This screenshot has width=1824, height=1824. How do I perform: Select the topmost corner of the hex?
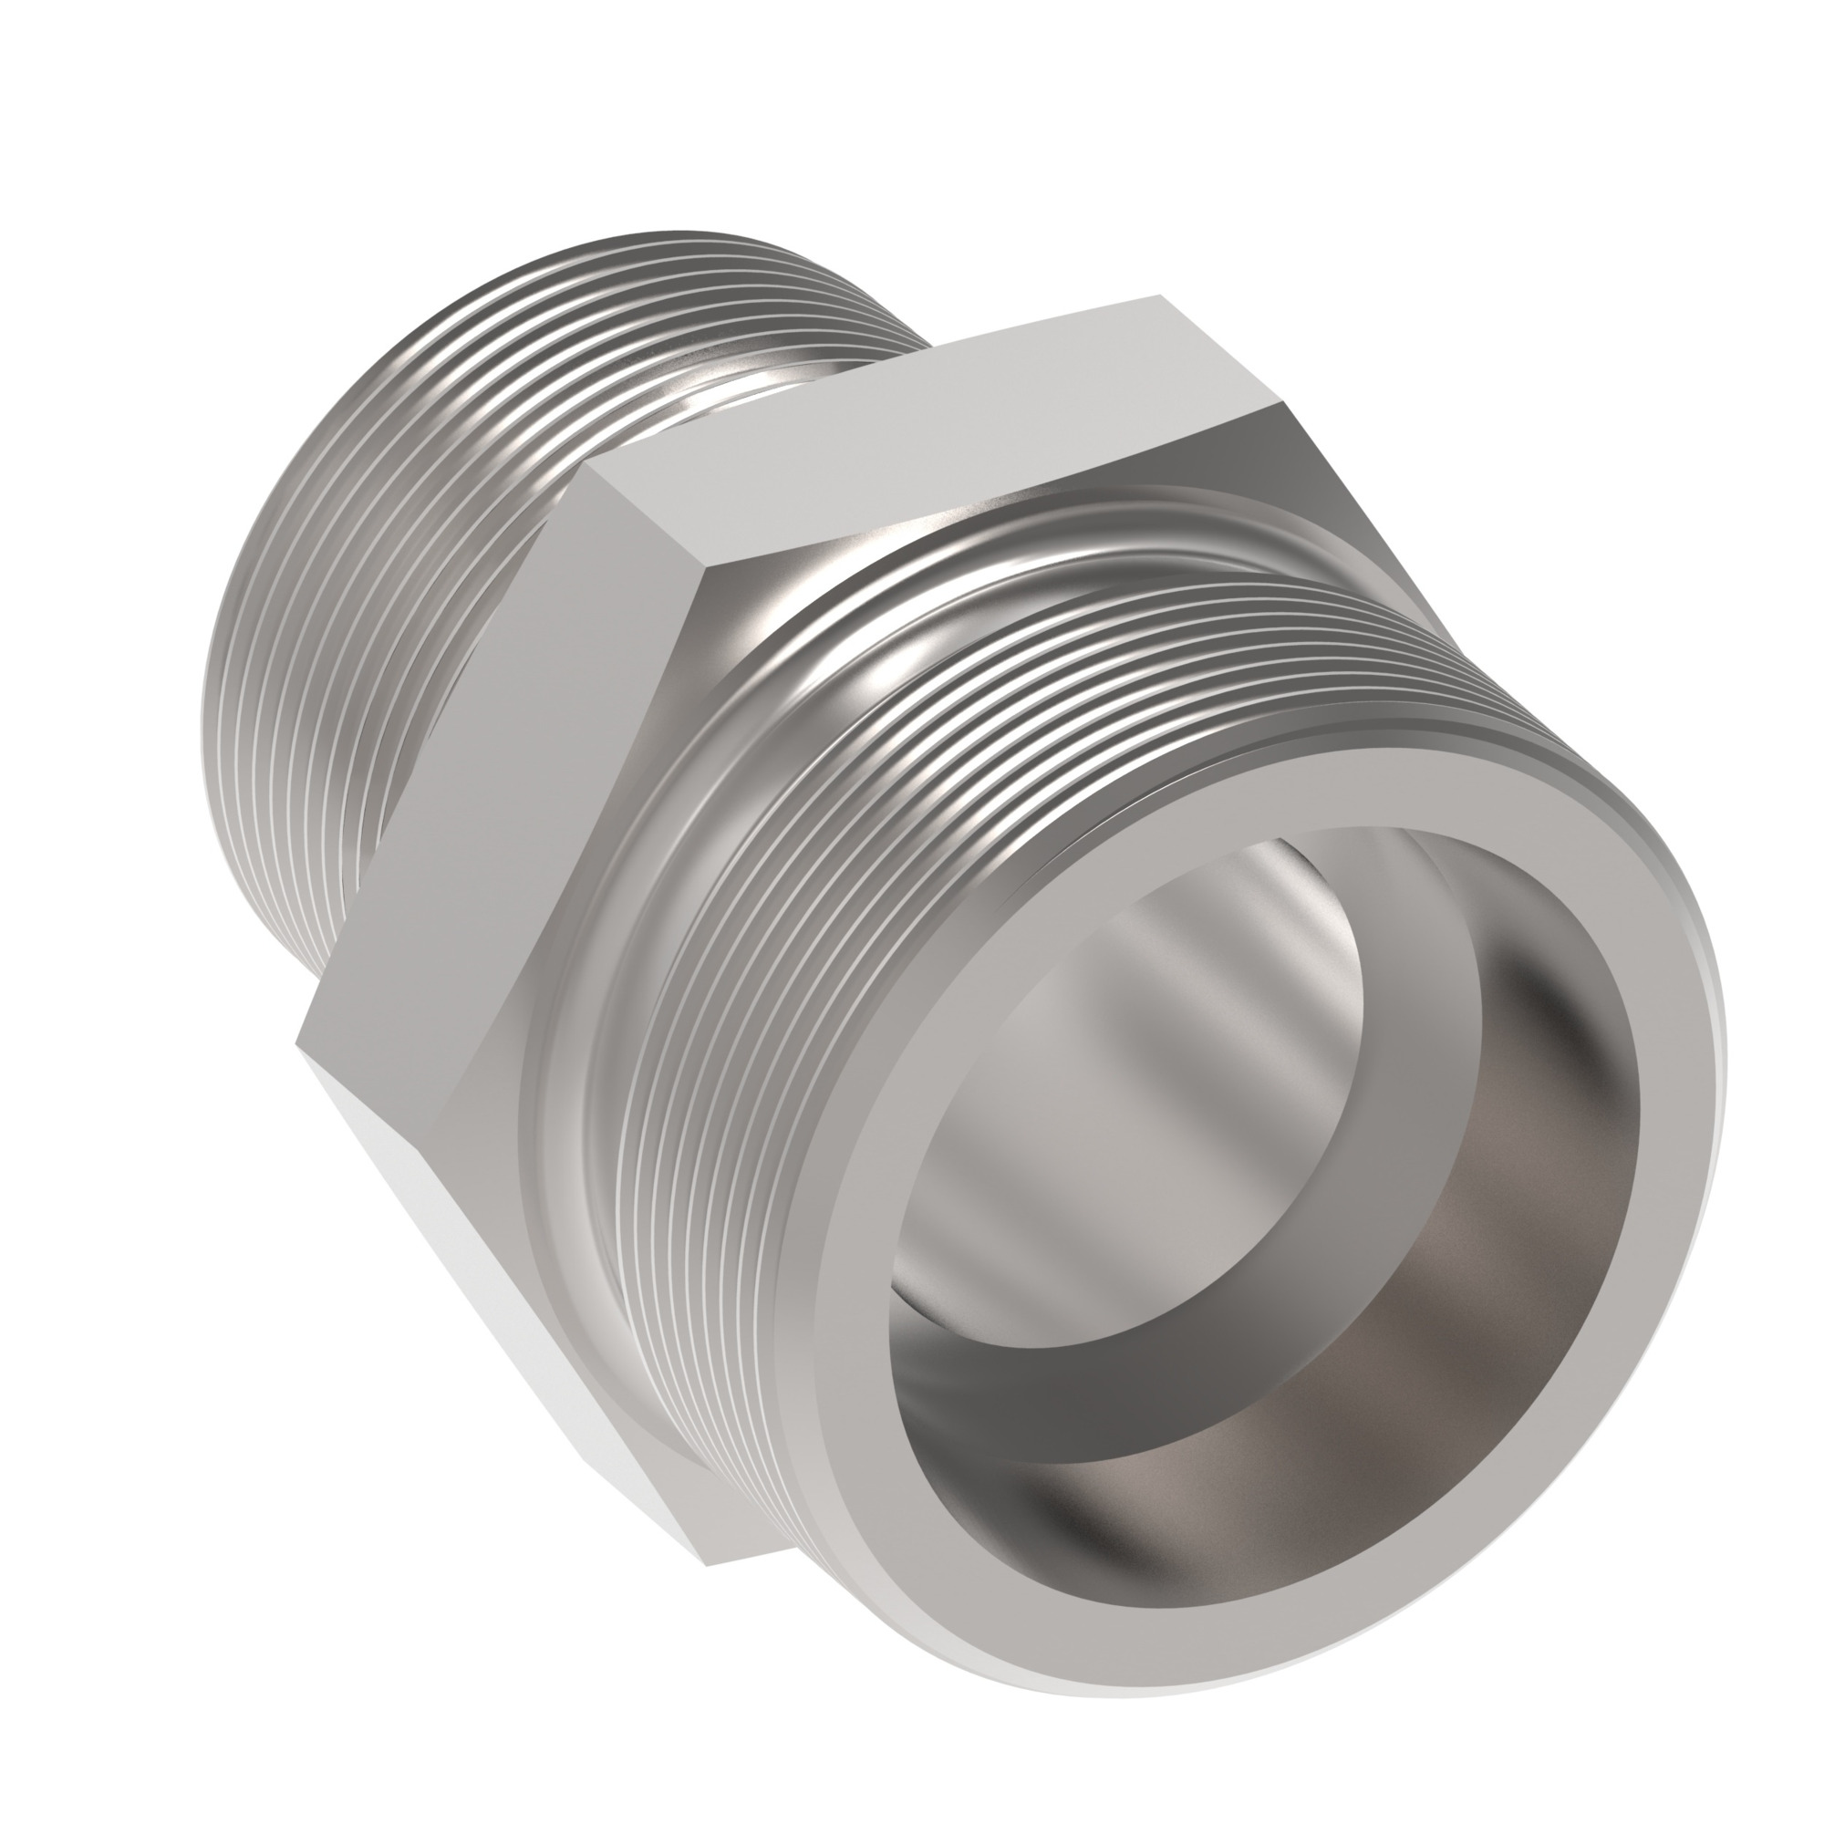coord(1157,299)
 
